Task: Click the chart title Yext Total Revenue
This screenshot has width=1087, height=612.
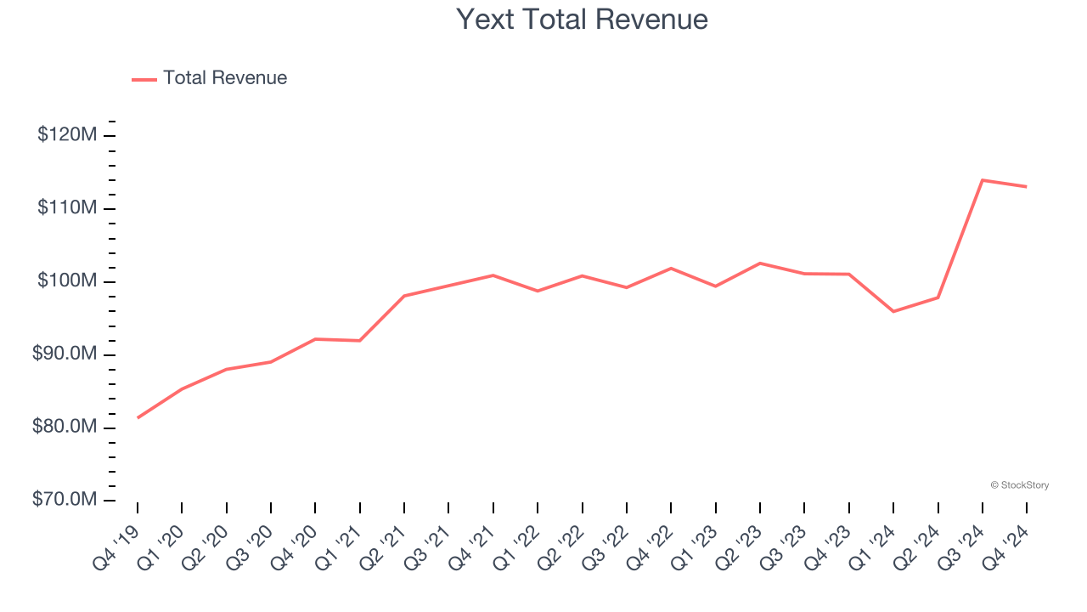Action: [582, 19]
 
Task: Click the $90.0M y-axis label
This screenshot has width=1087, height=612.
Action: [65, 354]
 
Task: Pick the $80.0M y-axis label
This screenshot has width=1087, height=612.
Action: [65, 427]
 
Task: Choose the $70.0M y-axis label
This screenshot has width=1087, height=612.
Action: [65, 500]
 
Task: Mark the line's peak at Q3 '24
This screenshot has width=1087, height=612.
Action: [983, 180]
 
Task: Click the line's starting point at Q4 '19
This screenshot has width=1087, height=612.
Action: [138, 417]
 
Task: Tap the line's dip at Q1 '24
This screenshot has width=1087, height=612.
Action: [893, 311]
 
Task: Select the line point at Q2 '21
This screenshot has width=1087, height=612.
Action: [404, 296]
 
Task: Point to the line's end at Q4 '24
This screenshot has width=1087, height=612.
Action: [1027, 187]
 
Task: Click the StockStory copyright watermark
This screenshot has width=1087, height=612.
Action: [1019, 485]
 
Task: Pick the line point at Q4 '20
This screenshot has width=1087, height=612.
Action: [315, 339]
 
